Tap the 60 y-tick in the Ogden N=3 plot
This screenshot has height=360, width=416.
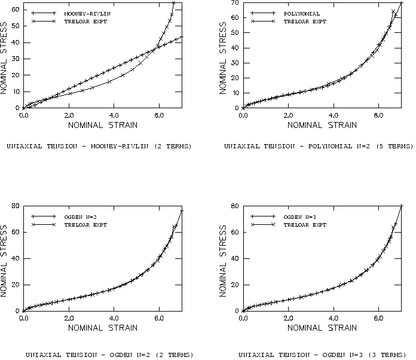point(234,232)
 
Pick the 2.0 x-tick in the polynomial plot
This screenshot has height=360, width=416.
point(288,115)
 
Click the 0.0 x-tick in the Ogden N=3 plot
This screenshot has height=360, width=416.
point(243,318)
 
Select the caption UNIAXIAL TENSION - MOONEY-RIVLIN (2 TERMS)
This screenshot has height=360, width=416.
point(99,146)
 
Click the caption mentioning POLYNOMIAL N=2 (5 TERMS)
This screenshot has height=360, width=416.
point(319,146)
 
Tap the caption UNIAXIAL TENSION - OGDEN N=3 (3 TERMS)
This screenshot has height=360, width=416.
point(319,354)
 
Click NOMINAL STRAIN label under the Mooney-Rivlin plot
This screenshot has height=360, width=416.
point(102,125)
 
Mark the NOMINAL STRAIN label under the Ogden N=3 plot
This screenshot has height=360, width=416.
point(322,328)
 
